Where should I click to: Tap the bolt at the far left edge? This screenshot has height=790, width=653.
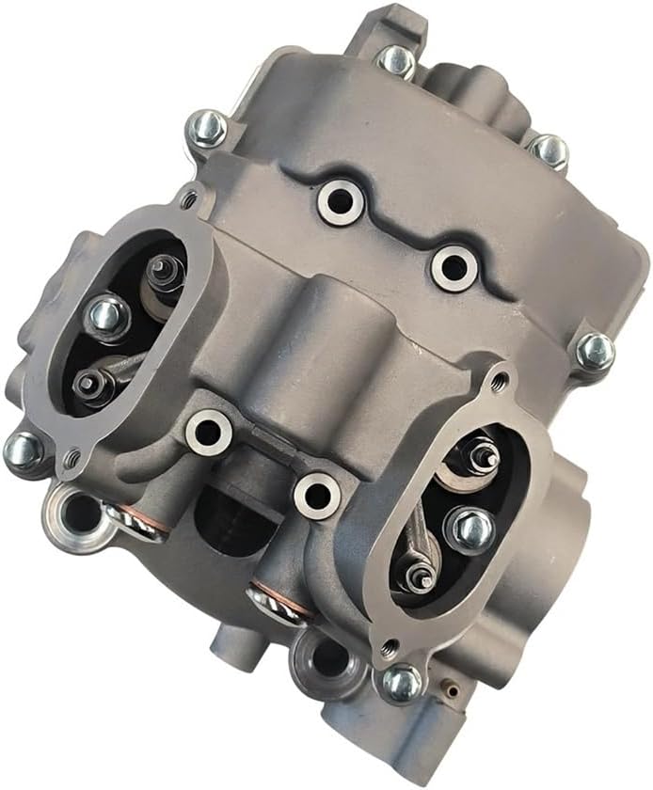pyautogui.click(x=24, y=450)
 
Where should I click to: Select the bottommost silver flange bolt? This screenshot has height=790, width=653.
pyautogui.click(x=403, y=681)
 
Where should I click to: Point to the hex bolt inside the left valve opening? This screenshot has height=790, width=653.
pyautogui.click(x=107, y=317)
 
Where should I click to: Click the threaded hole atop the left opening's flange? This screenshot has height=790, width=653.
pyautogui.click(x=192, y=199)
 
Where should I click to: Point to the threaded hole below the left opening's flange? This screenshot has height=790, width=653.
pyautogui.click(x=72, y=459)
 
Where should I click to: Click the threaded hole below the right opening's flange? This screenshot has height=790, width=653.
pyautogui.click(x=384, y=647)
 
